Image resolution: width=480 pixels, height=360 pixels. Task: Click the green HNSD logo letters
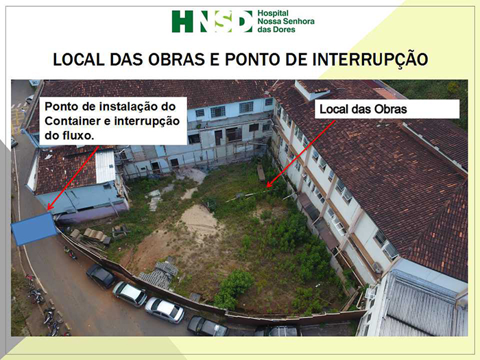[x=212, y=21]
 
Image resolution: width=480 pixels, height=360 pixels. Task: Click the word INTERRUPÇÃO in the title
[x=370, y=59]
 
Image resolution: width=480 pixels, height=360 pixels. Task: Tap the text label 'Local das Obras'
[x=363, y=109]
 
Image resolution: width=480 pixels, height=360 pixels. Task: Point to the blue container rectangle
[x=34, y=229]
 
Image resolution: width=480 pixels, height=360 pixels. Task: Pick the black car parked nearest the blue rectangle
[x=101, y=276]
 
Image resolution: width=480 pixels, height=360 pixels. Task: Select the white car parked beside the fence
[x=130, y=294]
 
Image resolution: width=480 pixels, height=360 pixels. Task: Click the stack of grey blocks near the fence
[x=159, y=274]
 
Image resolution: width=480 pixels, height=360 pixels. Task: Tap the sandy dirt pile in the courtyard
[x=198, y=219]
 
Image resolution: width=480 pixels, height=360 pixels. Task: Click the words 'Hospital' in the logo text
[x=273, y=13]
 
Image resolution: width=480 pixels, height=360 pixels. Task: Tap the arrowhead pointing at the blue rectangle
[x=50, y=207]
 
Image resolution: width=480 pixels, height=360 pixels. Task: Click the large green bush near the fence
[x=235, y=287]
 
